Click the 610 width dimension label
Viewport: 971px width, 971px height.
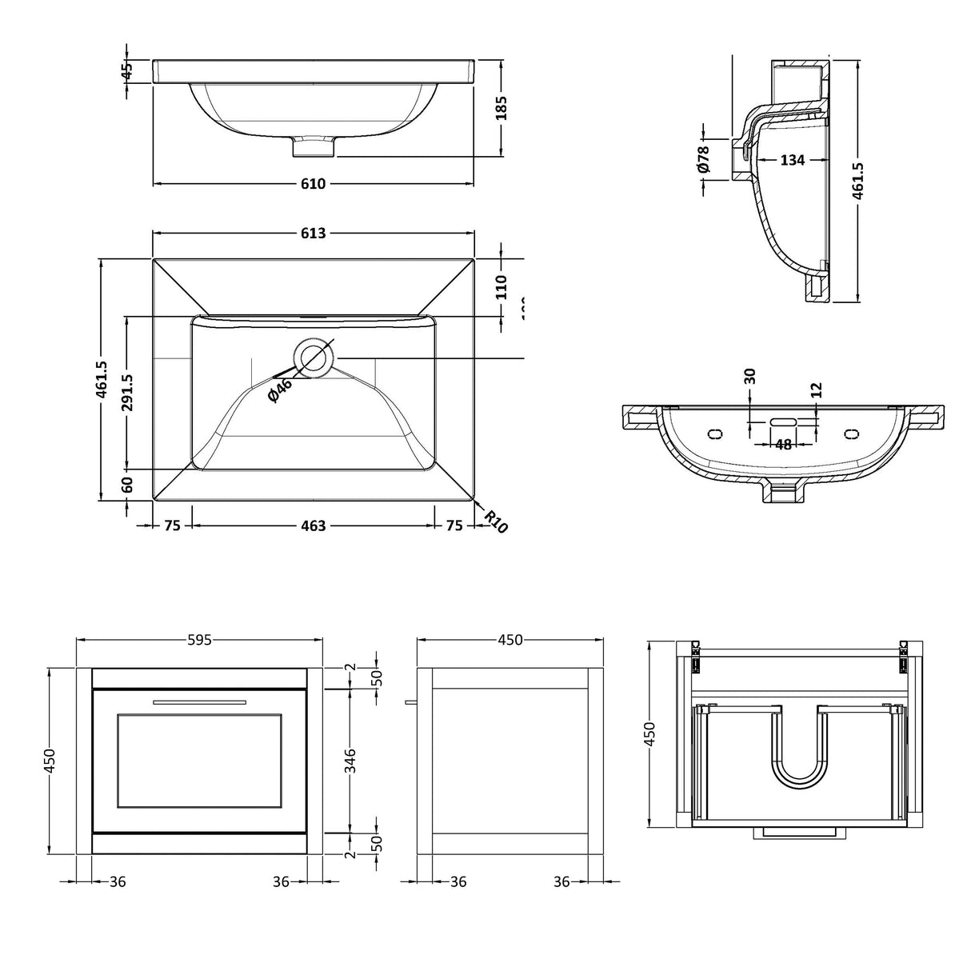click(314, 184)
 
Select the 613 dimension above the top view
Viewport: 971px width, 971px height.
click(314, 233)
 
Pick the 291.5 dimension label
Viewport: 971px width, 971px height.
click(126, 393)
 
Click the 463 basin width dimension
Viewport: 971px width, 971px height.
click(314, 525)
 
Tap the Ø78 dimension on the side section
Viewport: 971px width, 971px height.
click(704, 158)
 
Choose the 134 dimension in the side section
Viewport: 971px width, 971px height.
click(792, 160)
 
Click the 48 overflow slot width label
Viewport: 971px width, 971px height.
click(783, 444)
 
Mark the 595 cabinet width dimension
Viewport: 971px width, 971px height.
click(199, 639)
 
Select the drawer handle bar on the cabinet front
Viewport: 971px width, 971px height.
click(199, 701)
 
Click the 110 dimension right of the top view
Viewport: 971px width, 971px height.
click(501, 286)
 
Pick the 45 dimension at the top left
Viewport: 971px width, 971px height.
click(126, 70)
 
